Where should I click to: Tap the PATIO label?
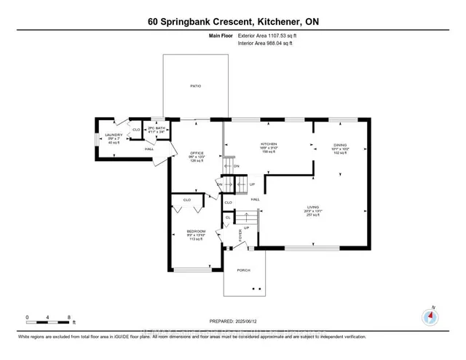tap(196, 86)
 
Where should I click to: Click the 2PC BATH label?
tap(157, 128)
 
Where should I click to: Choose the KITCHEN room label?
tap(269, 144)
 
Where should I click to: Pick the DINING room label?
tap(341, 145)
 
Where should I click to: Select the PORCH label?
tap(243, 270)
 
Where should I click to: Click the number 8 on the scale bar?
tap(68, 317)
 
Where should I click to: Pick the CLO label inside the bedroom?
tap(186, 199)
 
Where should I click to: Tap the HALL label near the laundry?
tap(148, 149)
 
